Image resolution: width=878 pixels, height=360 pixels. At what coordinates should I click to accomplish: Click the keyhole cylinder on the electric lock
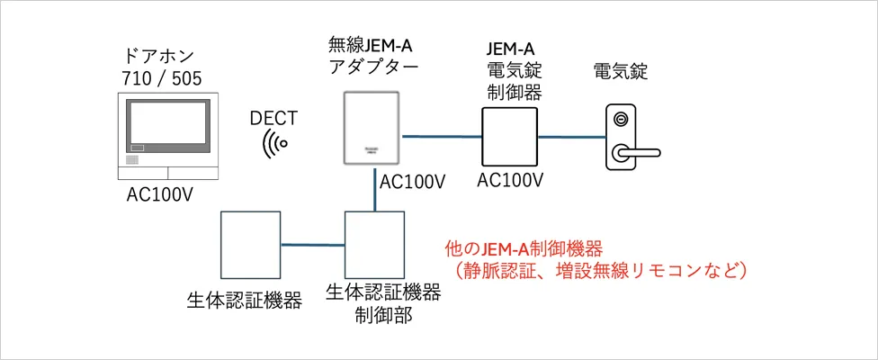pyautogui.click(x=618, y=119)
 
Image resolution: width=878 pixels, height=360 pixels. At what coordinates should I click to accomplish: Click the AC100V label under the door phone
pyautogui.click(x=163, y=195)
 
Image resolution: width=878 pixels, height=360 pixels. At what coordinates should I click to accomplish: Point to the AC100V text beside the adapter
pyautogui.click(x=413, y=181)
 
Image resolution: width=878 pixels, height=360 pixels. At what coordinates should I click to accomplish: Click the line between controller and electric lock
pyautogui.click(x=569, y=138)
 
